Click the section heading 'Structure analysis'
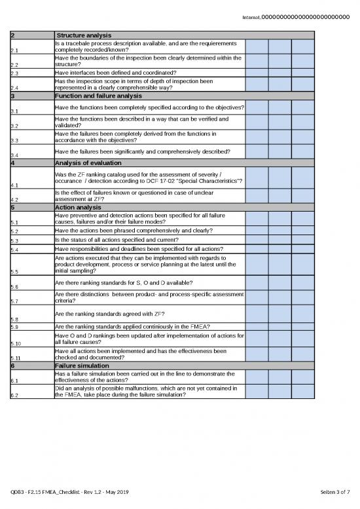point(83,35)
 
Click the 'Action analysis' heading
point(78,208)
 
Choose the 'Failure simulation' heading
point(82,366)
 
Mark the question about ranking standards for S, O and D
point(124,282)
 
